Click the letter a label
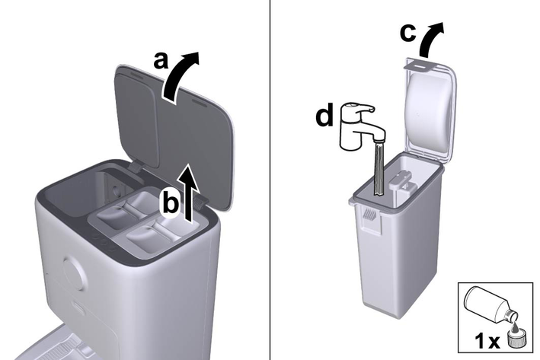[x=161, y=61]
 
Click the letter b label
[x=171, y=205]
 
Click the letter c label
[x=408, y=33]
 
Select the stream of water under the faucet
[x=379, y=169]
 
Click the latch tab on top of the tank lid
[x=417, y=65]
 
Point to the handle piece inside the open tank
[x=401, y=182]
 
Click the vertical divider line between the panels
[x=270, y=180]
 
